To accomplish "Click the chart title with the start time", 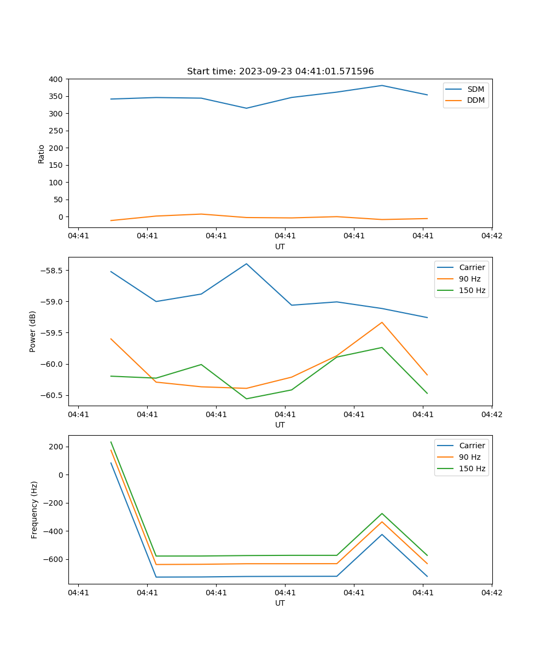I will click(280, 72).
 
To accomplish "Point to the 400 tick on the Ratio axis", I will click(56, 79).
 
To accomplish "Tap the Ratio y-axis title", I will click(42, 154).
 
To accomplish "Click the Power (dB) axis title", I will click(33, 331).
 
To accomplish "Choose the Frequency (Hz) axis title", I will click(34, 509).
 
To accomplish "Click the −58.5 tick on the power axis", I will click(52, 271).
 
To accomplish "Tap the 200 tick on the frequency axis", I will click(56, 447).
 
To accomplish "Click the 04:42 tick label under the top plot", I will click(491, 236).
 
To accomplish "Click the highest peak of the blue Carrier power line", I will click(247, 263).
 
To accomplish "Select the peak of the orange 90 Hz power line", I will click(382, 322).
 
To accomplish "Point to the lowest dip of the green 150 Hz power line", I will click(247, 399).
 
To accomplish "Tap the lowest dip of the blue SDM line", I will click(246, 108).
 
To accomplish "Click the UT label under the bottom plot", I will click(280, 603).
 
